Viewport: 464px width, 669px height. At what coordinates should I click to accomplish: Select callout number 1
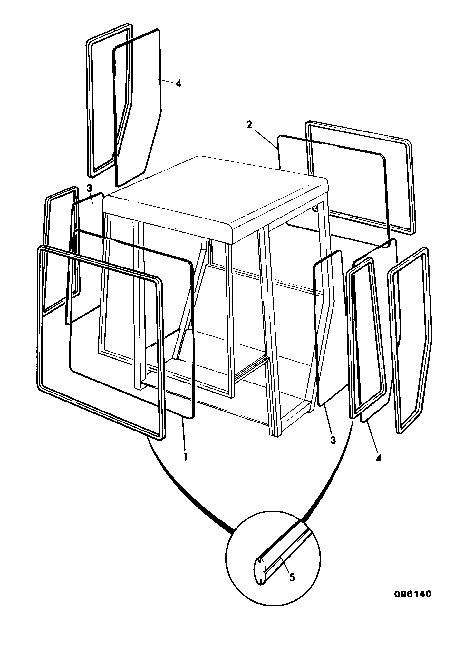pyautogui.click(x=185, y=457)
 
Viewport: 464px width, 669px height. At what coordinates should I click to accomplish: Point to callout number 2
pyautogui.click(x=249, y=125)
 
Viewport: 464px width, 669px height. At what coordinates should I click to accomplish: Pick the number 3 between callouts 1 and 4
pyautogui.click(x=333, y=440)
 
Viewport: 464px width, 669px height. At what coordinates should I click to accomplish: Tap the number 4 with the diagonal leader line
pyautogui.click(x=379, y=458)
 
